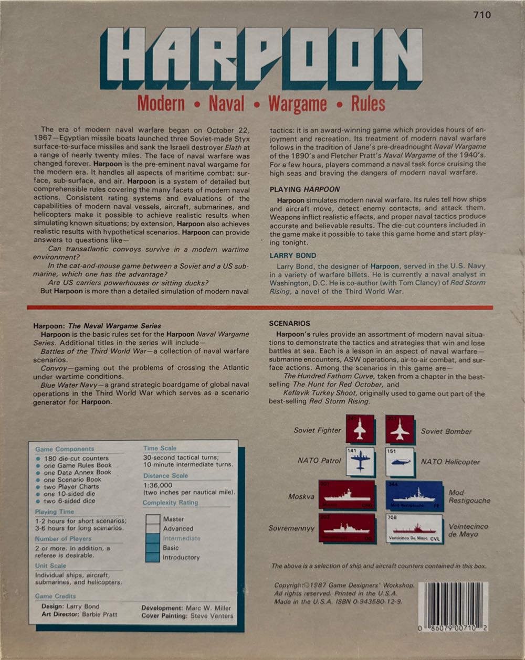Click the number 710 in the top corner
click(481, 15)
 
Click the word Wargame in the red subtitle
click(297, 104)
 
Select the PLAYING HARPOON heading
click(304, 189)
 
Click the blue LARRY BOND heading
click(293, 256)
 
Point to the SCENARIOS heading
click(289, 323)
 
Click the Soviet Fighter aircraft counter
click(360, 430)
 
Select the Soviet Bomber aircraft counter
click(400, 430)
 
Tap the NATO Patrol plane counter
click(360, 462)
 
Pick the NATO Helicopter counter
click(400, 462)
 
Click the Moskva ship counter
click(346, 495)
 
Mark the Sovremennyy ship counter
click(346, 528)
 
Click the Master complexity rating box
click(153, 519)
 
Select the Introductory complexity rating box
click(153, 557)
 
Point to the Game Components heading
click(65, 449)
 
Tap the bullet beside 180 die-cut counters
click(38, 458)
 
